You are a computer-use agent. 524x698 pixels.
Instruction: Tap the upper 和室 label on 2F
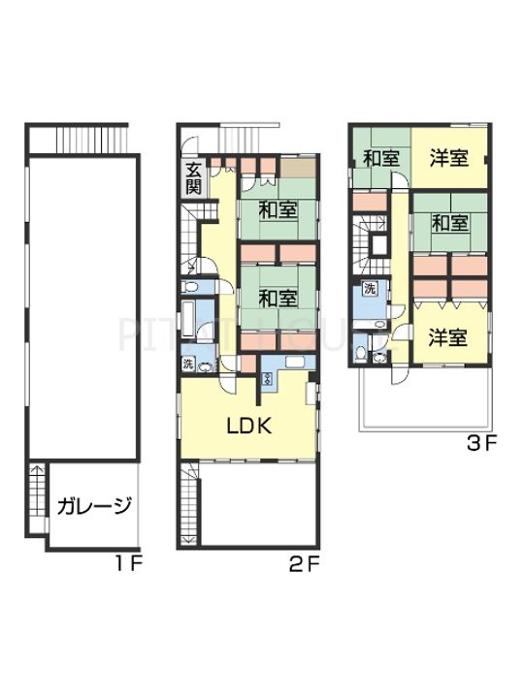(x=278, y=209)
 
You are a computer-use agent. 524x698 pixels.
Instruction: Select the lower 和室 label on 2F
(x=278, y=300)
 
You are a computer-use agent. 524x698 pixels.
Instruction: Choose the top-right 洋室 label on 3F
(x=449, y=158)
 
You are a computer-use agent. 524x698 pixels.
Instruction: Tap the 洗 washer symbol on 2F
(x=188, y=364)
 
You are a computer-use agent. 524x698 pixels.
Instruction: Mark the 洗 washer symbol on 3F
(x=370, y=288)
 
